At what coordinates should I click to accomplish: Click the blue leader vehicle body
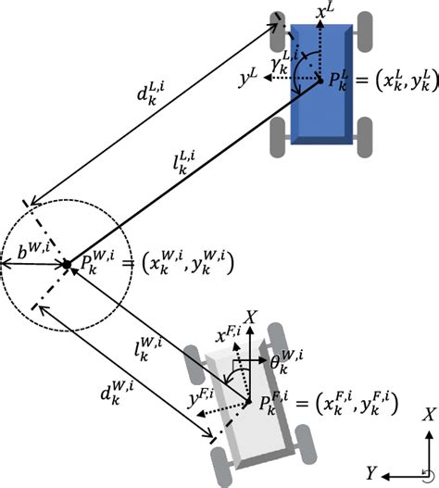(321, 84)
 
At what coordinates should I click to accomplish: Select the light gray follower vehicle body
(249, 402)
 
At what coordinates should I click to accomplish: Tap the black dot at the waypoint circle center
(67, 265)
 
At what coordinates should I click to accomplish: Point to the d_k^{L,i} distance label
(150, 94)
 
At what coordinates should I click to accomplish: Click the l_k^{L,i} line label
(183, 163)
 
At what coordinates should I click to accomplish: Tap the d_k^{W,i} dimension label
(117, 394)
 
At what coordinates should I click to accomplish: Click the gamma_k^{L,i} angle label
(284, 63)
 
